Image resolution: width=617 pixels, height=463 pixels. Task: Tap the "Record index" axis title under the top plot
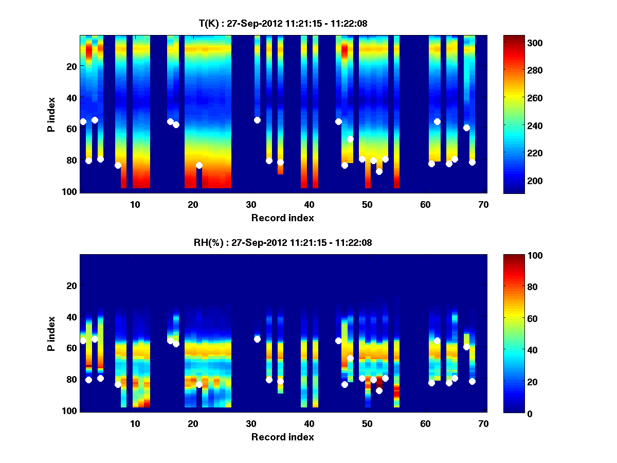click(x=282, y=218)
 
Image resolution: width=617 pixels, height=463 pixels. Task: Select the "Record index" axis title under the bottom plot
click(x=282, y=437)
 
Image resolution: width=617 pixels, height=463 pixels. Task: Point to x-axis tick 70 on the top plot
click(x=483, y=204)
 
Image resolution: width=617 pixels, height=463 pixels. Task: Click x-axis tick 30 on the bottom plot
click(x=251, y=423)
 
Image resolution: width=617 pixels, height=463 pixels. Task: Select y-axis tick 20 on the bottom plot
click(x=71, y=286)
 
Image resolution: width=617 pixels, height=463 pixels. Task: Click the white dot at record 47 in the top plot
click(x=350, y=139)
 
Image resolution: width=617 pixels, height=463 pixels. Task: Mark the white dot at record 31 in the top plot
click(x=257, y=120)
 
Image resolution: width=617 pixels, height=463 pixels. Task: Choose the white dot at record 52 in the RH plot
click(x=379, y=391)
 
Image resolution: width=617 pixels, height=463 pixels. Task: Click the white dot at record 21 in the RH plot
click(x=199, y=384)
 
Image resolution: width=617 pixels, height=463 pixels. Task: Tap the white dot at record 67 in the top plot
click(x=466, y=128)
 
